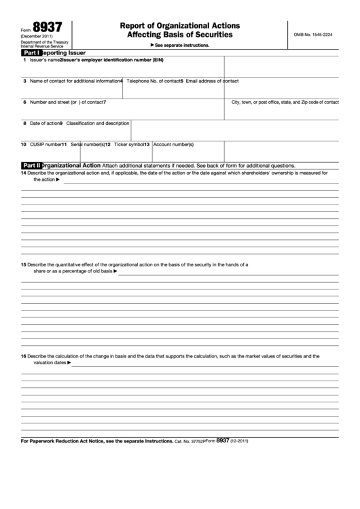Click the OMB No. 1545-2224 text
pos(312,34)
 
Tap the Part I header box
pos(31,52)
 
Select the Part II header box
pos(32,165)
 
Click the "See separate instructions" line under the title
pos(179,45)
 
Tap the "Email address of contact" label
pos(211,81)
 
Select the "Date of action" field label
pos(44,123)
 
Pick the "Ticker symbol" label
pos(129,144)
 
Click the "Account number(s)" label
pos(173,144)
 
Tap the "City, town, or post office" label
pos(285,102)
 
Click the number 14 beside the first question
pos(23,173)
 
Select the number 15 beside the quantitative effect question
pos(23,264)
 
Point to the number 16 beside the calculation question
pos(23,356)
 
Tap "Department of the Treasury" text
pos(40,42)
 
